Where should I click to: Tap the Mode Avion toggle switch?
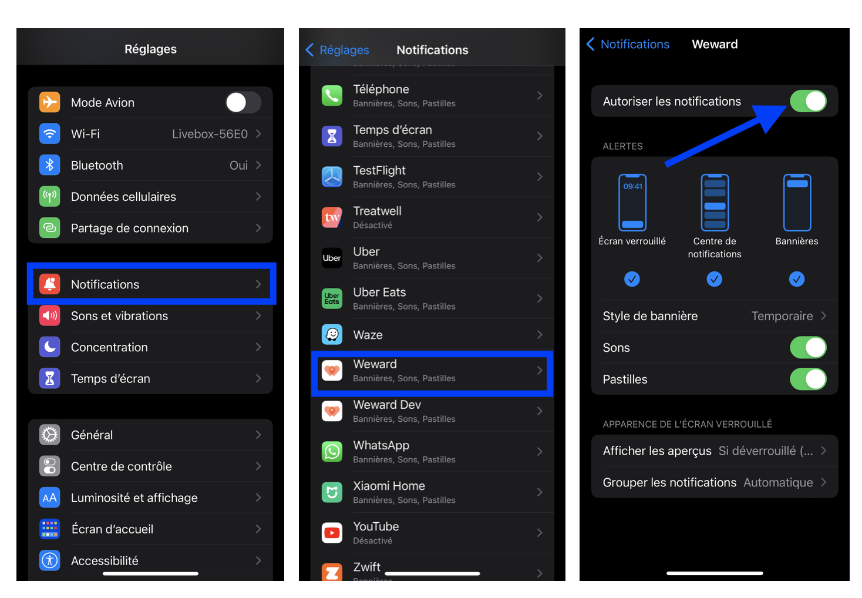[x=243, y=102]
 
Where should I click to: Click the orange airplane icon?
[x=50, y=102]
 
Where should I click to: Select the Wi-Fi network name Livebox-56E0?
[x=210, y=134]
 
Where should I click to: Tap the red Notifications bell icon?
[x=50, y=284]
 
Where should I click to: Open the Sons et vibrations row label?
[x=119, y=316]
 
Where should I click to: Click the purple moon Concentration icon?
[x=50, y=347]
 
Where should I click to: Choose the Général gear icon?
[x=50, y=435]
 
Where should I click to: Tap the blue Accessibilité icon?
[x=50, y=560]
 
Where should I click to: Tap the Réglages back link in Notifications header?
[x=338, y=50]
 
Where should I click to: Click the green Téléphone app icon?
[x=332, y=96]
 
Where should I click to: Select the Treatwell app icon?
[x=332, y=217]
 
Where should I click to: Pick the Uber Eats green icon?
[x=332, y=298]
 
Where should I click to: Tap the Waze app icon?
[x=332, y=334]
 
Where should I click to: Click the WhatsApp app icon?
[x=332, y=451]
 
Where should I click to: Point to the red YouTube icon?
[x=332, y=533]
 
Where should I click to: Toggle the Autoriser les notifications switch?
[x=808, y=101]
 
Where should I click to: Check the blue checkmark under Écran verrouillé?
[x=632, y=279]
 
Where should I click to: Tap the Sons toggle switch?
[x=808, y=347]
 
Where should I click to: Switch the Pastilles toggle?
[x=808, y=379]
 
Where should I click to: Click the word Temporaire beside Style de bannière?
[x=782, y=316]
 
